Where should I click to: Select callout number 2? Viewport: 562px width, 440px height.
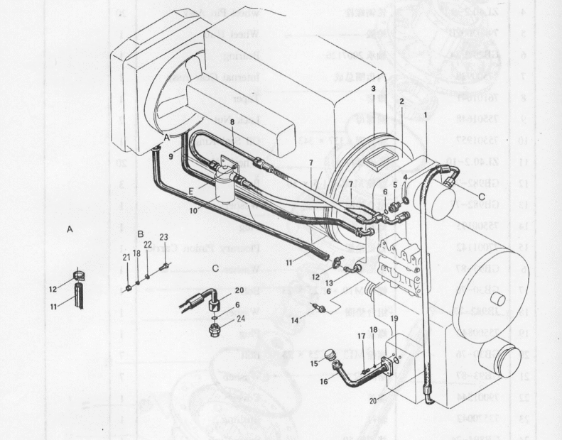click(x=401, y=101)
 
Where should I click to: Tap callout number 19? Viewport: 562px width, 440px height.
click(x=394, y=319)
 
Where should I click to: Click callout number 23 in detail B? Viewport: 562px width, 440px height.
click(x=163, y=237)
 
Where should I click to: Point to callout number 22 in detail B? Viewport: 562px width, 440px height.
click(x=148, y=243)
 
